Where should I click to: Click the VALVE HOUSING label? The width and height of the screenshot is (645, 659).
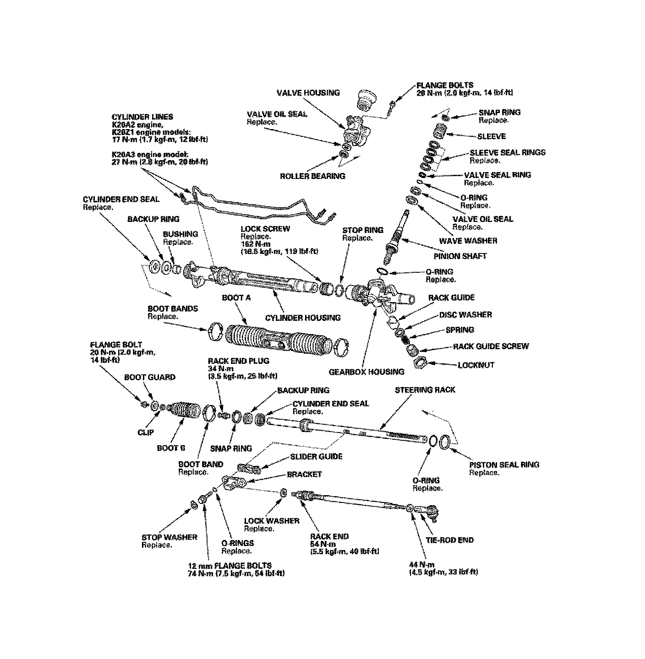coord(308,92)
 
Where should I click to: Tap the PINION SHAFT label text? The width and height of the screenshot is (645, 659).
coord(460,256)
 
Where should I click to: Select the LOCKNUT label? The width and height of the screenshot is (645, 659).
coord(476,365)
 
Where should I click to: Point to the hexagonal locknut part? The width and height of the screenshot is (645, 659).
coord(421,364)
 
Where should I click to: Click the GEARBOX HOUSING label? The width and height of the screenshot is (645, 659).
coord(366,372)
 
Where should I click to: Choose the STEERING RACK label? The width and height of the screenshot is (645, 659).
coord(425,390)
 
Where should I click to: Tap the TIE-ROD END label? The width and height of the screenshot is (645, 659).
coord(449,540)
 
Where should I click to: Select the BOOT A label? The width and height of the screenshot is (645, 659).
coord(236,297)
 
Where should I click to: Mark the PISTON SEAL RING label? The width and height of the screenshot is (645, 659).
coord(504,465)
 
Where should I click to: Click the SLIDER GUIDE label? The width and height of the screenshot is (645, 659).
coord(316,456)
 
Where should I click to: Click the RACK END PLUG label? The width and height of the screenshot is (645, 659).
coord(238,361)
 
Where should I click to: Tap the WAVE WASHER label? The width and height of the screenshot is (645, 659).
coord(468,241)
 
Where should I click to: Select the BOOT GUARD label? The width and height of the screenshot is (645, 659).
coord(150,377)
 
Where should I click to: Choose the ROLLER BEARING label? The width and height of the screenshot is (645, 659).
coord(312,176)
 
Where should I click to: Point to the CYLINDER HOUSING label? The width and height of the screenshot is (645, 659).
coord(303,318)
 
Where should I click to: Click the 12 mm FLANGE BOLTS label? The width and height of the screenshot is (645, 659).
coord(230,566)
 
